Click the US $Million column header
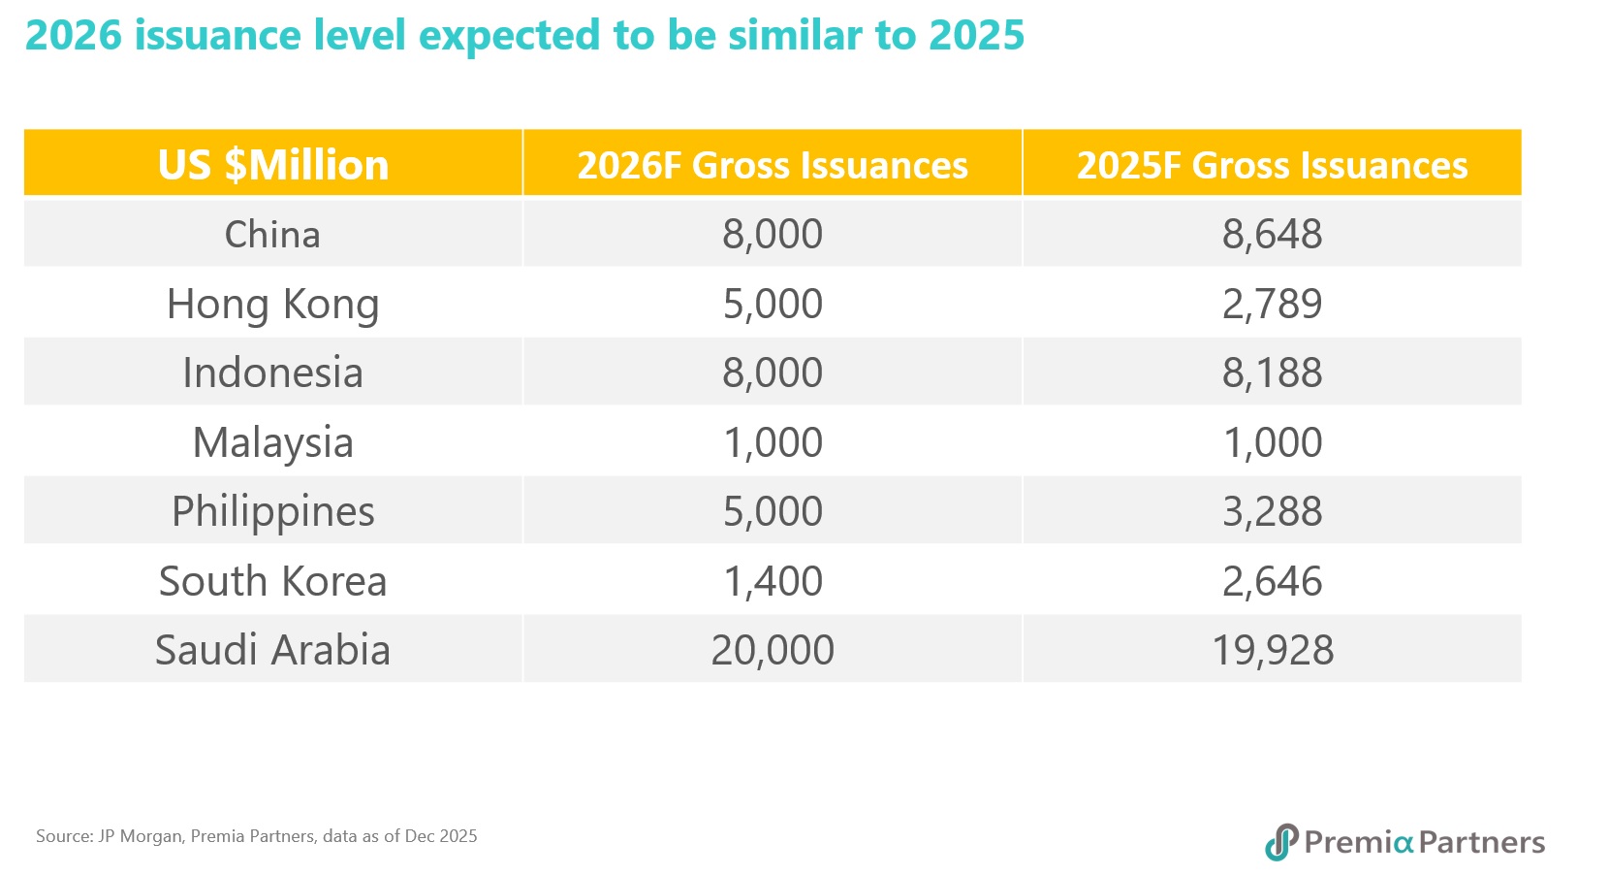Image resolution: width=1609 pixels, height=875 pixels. coord(273,165)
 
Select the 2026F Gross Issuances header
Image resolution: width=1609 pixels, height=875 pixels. coord(773,165)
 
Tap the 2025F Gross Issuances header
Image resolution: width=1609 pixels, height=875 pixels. coord(1272,165)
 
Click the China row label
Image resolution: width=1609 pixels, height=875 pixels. coord(272,235)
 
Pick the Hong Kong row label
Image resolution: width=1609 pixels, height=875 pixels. coord(272,305)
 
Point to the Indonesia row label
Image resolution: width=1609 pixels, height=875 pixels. coord(272,373)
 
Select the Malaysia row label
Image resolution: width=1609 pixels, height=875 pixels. coord(272,443)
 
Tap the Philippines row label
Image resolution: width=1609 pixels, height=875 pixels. coord(272,512)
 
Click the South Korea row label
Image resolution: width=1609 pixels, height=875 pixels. coord(272,582)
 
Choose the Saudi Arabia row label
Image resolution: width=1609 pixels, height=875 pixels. coord(272,650)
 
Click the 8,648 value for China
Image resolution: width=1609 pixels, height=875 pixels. coord(1272,235)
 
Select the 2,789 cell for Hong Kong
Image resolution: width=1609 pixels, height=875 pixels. coord(1272,305)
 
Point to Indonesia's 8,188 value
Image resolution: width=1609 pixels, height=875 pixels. coord(1272,373)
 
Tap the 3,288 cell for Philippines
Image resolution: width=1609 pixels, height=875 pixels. coord(1272,512)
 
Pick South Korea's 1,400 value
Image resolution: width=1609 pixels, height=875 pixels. coord(773,582)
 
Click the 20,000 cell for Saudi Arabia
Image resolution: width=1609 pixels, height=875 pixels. coord(773,650)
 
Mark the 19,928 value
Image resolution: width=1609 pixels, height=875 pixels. coord(1272,650)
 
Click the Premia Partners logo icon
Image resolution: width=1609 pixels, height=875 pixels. coord(1281,842)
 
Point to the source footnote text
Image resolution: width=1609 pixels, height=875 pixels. coord(257,836)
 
